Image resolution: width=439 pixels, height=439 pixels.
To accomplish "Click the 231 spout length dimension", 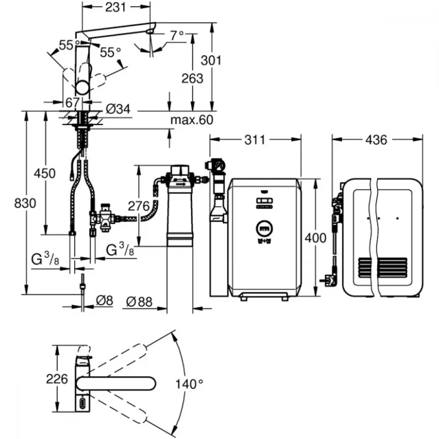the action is tap(115, 7).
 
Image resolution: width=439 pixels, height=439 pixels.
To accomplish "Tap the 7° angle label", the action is tap(177, 35).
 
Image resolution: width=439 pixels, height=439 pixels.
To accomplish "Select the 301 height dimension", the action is tap(211, 60).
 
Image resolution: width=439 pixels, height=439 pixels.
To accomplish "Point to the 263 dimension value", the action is tap(192, 79).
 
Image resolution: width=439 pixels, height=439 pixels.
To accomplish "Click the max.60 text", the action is tap(192, 120).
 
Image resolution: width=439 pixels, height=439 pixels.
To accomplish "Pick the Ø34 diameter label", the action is tap(118, 109).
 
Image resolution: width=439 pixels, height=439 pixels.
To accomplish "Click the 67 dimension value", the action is tap(72, 102).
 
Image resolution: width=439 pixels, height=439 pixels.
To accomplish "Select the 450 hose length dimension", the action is tap(45, 173).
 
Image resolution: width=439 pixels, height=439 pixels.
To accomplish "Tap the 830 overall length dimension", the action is tap(25, 203).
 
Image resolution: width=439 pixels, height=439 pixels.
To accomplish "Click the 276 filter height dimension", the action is tap(139, 206).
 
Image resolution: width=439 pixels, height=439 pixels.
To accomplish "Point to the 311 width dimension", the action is tap(255, 140).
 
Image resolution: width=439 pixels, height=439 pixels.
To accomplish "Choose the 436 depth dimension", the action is tap(376, 140).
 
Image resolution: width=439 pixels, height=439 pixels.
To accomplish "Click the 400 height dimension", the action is tap(316, 238).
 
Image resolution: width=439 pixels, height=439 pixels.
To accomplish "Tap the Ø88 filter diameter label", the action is tap(139, 302).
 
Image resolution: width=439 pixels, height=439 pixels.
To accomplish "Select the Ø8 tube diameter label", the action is tap(104, 301).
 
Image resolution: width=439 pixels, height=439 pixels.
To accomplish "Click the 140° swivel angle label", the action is tap(189, 384).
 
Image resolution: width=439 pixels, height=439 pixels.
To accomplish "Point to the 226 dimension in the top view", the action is tap(57, 379).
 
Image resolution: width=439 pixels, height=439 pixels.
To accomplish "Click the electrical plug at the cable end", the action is tap(330, 279).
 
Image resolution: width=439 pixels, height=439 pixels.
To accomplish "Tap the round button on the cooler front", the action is tap(264, 229).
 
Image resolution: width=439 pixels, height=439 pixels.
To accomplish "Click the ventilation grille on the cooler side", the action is tap(383, 268).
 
